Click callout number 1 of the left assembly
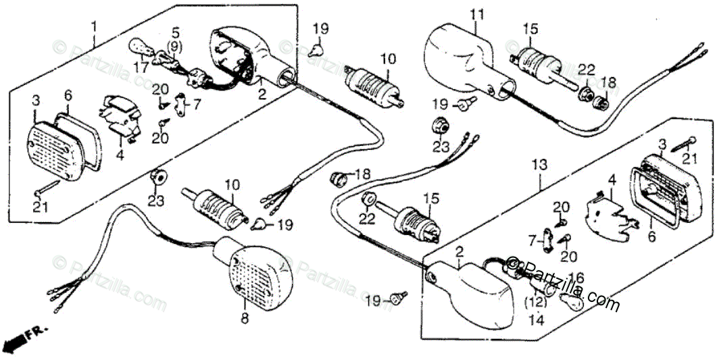94,27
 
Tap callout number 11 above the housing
477,14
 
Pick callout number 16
576,278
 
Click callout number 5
175,32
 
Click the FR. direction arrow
20,337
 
